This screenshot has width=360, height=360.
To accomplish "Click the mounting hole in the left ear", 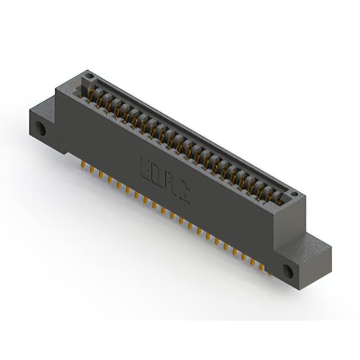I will [x=41, y=128].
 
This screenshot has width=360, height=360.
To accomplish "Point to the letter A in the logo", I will [x=172, y=185].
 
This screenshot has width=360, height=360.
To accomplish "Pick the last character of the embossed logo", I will [x=185, y=195].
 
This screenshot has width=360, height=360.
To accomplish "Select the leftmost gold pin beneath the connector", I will [x=83, y=164].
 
